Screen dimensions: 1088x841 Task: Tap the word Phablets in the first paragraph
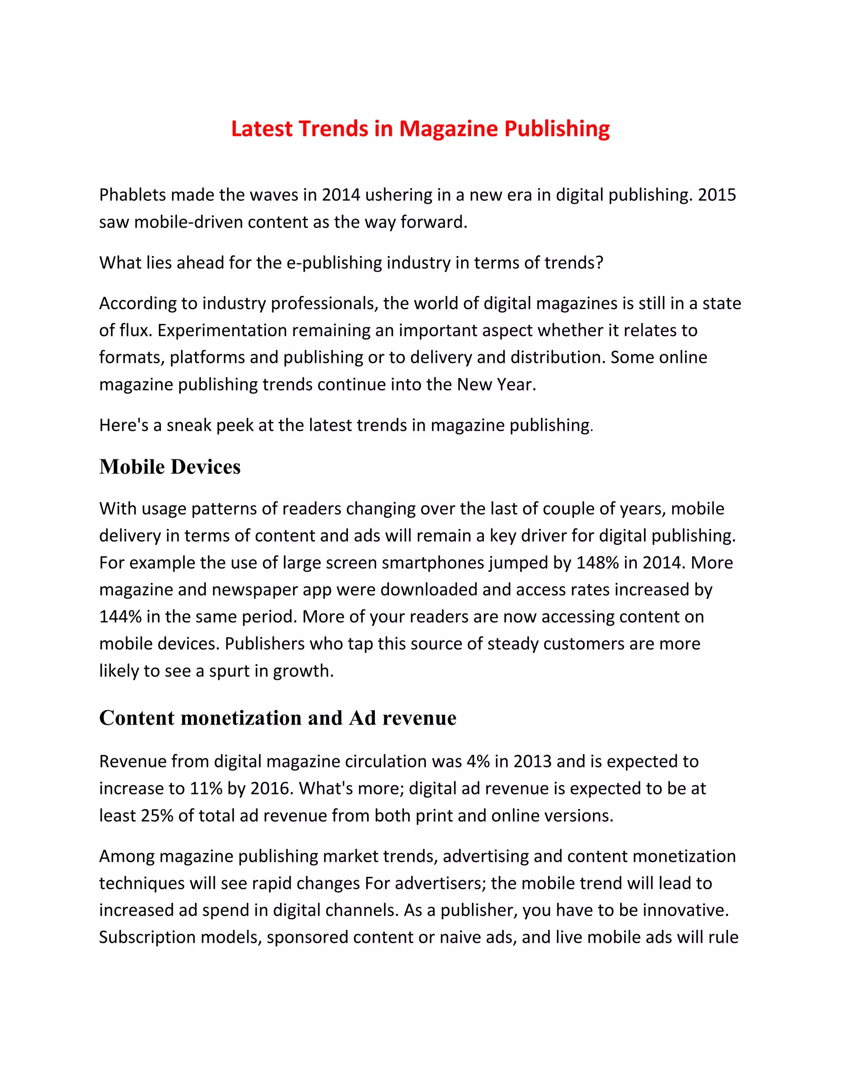132,195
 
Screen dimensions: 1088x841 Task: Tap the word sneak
189,425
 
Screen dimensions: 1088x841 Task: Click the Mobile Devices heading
170,467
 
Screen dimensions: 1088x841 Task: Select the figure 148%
597,563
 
